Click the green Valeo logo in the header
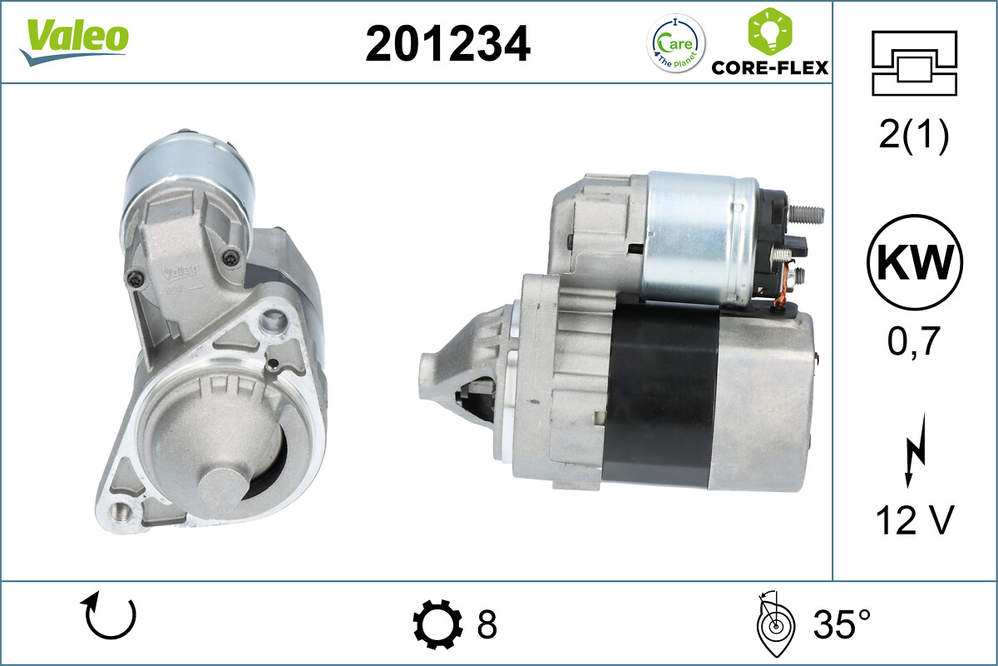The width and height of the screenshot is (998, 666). tap(74, 41)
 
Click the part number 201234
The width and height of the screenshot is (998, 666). tap(447, 44)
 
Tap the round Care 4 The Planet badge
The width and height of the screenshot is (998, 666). tap(676, 44)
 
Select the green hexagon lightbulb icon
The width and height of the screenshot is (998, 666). tap(770, 32)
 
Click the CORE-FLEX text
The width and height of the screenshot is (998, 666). tap(770, 67)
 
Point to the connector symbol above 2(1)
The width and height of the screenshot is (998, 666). tap(914, 63)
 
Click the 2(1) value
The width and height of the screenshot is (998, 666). tap(914, 135)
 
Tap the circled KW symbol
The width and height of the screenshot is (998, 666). tap(914, 262)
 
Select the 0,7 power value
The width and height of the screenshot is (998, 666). tap(913, 341)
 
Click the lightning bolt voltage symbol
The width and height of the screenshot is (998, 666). tap(915, 450)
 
